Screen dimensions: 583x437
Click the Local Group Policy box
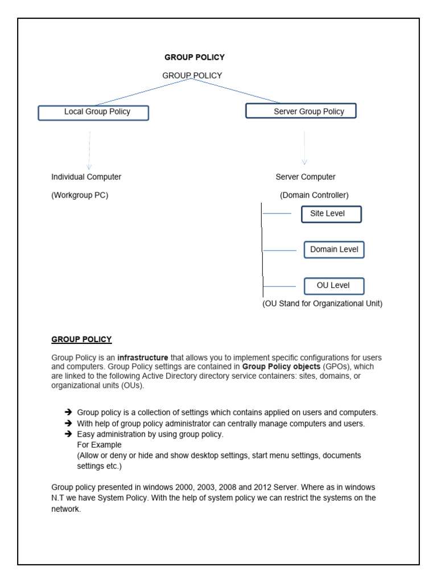tap(93, 113)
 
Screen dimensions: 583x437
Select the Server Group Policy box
tap(300, 111)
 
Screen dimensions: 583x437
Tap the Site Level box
tap(331, 214)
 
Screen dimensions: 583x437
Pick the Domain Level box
tap(333, 249)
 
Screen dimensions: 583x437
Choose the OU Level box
tap(333, 285)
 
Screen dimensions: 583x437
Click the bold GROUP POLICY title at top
tap(194, 57)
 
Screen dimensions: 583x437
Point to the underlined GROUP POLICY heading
tap(81, 339)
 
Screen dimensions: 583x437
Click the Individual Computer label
tap(86, 177)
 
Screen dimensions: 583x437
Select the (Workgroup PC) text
tap(80, 195)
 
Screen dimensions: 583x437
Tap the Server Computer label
tap(306, 177)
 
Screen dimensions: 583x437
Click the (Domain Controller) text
tap(314, 195)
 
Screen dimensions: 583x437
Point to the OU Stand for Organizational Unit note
tap(322, 303)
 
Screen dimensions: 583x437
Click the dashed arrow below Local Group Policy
tap(89, 150)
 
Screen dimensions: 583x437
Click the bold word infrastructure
tap(143, 358)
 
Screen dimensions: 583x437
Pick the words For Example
tap(99, 445)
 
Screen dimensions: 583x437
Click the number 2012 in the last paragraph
tap(266, 488)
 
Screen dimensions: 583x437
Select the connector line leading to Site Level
tap(277, 214)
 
